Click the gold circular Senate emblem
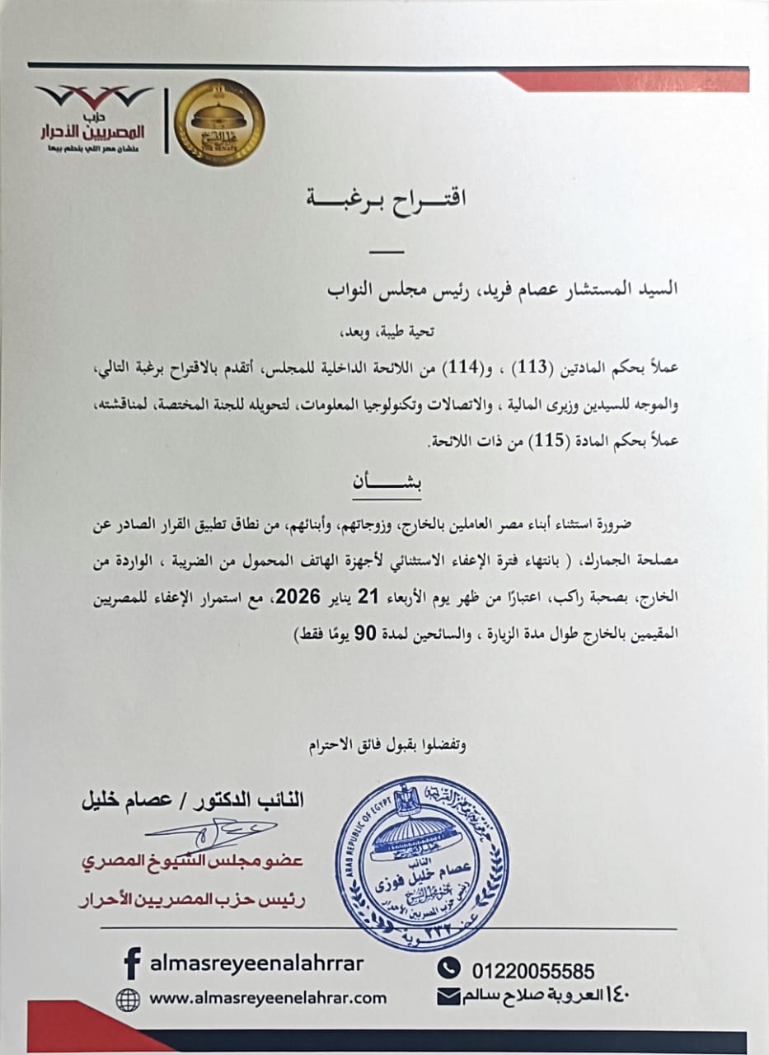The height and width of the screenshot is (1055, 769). tap(218, 122)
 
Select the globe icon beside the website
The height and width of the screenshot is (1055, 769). tap(128, 999)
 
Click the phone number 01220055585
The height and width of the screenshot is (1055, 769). tap(532, 970)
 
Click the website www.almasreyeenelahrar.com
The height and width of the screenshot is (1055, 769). tap(268, 998)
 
